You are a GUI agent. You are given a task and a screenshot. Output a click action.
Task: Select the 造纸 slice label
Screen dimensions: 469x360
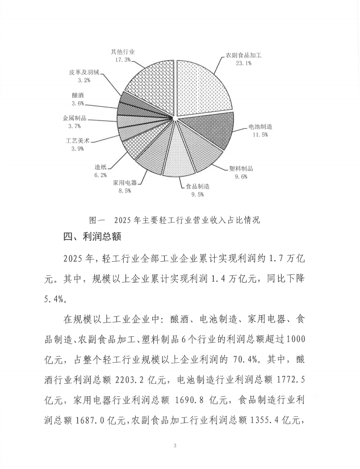click(101, 167)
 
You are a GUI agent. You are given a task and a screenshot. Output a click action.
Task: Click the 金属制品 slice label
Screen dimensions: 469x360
click(74, 118)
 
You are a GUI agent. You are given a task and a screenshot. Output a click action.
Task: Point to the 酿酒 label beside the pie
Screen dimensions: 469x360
click(78, 95)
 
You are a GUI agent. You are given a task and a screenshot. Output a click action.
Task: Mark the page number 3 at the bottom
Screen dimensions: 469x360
click(175, 447)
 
